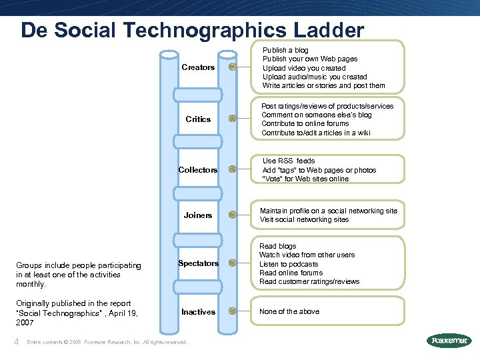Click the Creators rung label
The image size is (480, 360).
point(198,67)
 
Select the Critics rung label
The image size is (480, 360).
point(198,119)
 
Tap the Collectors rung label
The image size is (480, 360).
point(198,170)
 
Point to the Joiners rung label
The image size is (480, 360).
point(198,215)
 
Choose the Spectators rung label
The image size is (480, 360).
point(198,263)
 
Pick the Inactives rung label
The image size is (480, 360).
point(198,312)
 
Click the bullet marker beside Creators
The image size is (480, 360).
point(232,67)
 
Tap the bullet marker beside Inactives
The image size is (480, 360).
point(232,311)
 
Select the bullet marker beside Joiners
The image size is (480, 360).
point(232,215)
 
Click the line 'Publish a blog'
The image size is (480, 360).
point(285,50)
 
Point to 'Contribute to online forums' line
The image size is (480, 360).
point(305,123)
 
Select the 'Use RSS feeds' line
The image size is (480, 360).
point(289,161)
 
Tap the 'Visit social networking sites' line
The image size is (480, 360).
point(304,219)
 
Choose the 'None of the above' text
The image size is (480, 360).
point(289,311)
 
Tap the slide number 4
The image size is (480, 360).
point(17,341)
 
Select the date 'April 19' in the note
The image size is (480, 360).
point(122,312)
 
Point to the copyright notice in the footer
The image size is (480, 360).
point(107,343)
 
